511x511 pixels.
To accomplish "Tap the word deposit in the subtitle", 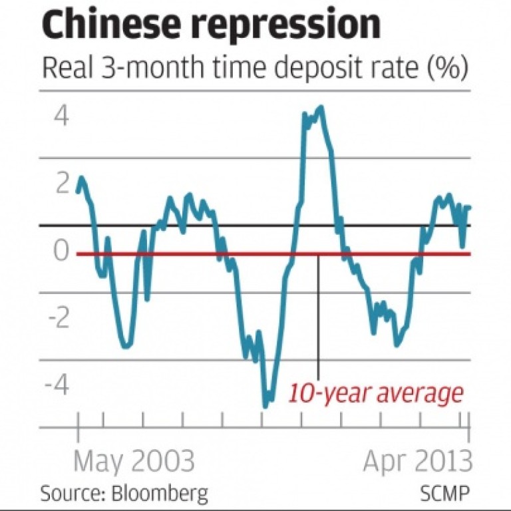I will point(312,69).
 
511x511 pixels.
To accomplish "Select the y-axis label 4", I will point(61,117).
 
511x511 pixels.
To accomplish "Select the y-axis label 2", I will point(61,184).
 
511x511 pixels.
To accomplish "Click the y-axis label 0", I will point(61,252).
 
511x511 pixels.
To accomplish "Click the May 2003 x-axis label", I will point(134,461).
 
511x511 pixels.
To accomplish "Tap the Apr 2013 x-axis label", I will point(417,461).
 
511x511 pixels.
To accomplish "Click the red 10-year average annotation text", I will point(375,393).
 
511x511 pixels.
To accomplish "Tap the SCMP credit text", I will point(444,494).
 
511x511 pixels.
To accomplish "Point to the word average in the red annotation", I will point(420,393).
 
